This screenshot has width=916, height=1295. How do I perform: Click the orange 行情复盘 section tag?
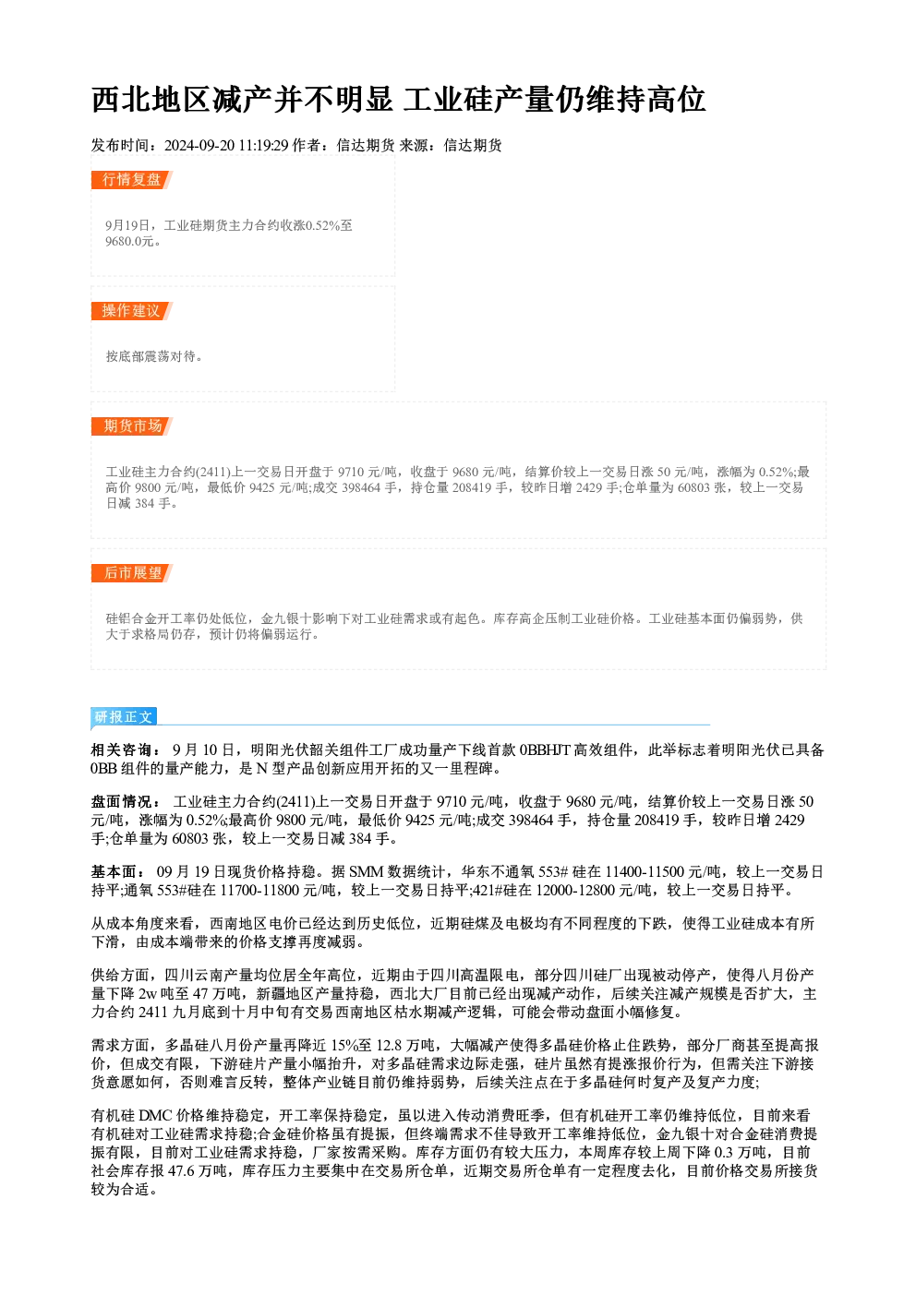132,180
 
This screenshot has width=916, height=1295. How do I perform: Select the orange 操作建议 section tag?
132,311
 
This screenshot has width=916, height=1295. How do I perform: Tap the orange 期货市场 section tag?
132,426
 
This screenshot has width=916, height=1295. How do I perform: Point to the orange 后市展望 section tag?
132,573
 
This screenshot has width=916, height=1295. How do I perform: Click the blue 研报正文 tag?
124,717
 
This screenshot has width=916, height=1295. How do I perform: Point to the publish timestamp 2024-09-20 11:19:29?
226,146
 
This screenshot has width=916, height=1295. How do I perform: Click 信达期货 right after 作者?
365,146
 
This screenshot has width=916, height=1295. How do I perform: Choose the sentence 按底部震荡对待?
154,356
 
